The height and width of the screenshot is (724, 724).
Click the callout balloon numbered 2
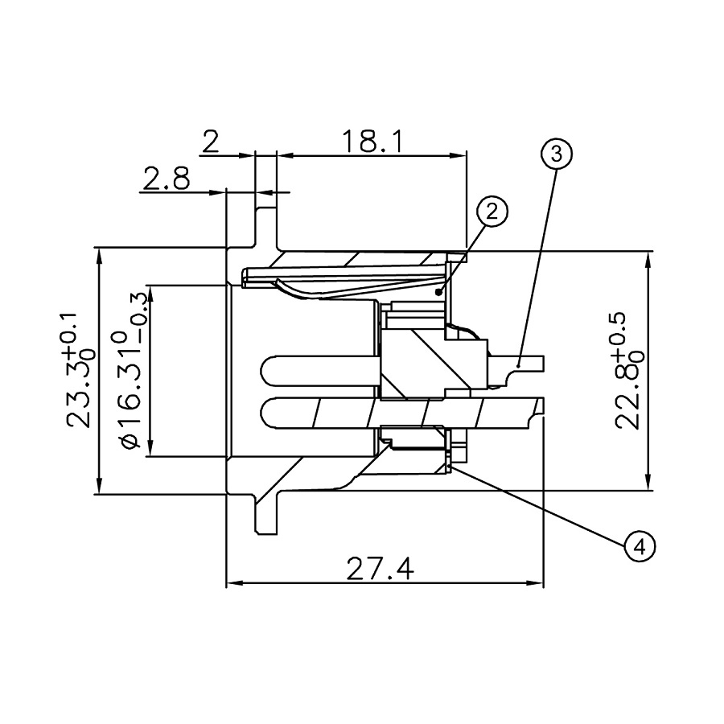point(492,212)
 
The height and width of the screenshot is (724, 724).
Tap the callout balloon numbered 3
point(557,152)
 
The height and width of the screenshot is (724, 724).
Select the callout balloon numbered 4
point(640,547)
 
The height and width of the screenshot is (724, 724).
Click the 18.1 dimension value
point(372,142)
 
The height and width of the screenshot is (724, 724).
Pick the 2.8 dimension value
point(167,179)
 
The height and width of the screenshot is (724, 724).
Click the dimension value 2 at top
point(211,142)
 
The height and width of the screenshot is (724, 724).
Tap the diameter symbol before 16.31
point(131,442)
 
